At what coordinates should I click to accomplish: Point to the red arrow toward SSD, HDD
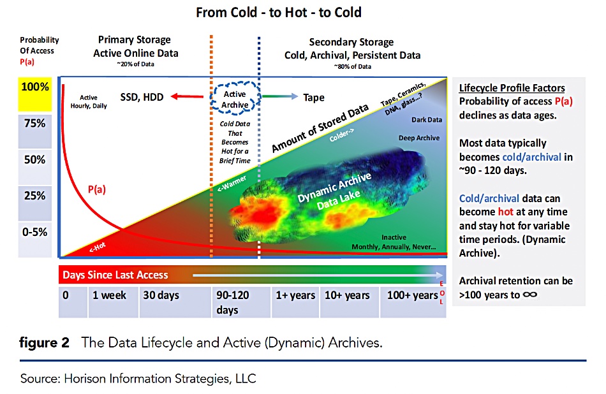[189, 98]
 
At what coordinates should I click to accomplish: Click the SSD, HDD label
[142, 98]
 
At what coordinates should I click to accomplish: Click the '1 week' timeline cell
[110, 296]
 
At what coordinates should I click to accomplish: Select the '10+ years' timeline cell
[347, 296]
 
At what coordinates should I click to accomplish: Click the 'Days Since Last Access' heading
[115, 275]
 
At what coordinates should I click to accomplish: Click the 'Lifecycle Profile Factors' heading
[512, 88]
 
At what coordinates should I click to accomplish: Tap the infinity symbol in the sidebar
[529, 295]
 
